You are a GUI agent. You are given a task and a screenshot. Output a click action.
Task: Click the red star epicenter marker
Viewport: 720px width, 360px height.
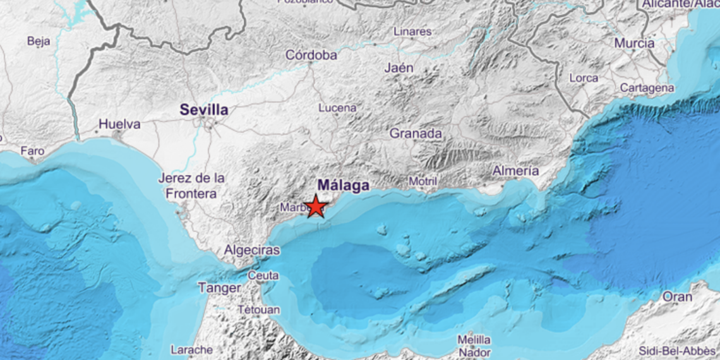point(315,207)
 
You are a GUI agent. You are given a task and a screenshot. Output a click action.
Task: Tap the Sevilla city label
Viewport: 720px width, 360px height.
point(204,110)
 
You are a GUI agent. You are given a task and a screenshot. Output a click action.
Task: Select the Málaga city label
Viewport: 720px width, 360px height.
point(344,186)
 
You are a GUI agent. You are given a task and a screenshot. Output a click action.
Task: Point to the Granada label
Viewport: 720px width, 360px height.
point(416,134)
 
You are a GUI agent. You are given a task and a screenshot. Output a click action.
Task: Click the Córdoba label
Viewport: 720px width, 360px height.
point(311,56)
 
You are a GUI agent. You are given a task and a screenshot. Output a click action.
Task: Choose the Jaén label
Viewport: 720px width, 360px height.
point(399,68)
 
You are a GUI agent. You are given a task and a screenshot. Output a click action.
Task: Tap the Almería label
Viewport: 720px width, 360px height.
point(516,171)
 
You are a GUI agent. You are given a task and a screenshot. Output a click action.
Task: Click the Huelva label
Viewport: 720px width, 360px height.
point(120,124)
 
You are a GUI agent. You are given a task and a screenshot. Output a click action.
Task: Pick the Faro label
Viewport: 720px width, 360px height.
point(32,151)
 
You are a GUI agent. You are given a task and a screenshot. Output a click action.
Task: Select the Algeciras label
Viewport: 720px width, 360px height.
point(252,250)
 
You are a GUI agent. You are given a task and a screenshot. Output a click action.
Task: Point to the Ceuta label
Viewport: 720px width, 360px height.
point(263,275)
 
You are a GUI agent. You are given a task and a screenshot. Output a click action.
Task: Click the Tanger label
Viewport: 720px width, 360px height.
point(219,288)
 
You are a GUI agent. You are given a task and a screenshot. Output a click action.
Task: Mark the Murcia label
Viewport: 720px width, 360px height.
point(634,44)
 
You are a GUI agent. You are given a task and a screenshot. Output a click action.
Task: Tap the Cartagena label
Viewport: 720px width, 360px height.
point(647,88)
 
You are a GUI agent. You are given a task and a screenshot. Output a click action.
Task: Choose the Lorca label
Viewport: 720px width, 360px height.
point(584,78)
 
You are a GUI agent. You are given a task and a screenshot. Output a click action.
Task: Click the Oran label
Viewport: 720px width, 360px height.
point(677,296)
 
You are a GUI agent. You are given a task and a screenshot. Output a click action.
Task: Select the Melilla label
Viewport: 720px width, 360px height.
point(474,340)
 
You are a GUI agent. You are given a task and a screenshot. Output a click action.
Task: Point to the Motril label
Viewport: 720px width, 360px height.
point(423,181)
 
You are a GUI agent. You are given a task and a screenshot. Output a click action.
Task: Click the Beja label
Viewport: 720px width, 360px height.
point(39,42)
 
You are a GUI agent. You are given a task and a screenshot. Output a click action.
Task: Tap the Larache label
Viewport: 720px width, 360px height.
point(191,349)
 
